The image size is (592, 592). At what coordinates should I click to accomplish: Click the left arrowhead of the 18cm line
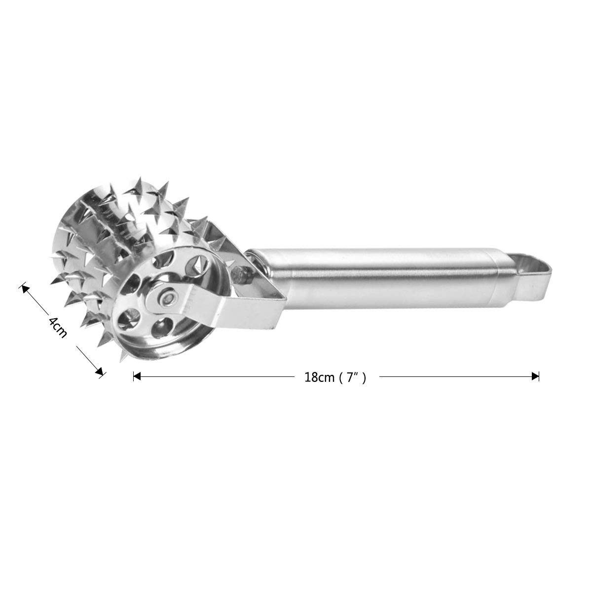137,376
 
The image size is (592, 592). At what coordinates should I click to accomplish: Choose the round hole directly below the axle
159,327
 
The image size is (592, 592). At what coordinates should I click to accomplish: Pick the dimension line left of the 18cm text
217,376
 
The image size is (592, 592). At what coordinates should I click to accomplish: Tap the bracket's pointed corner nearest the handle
285,298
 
